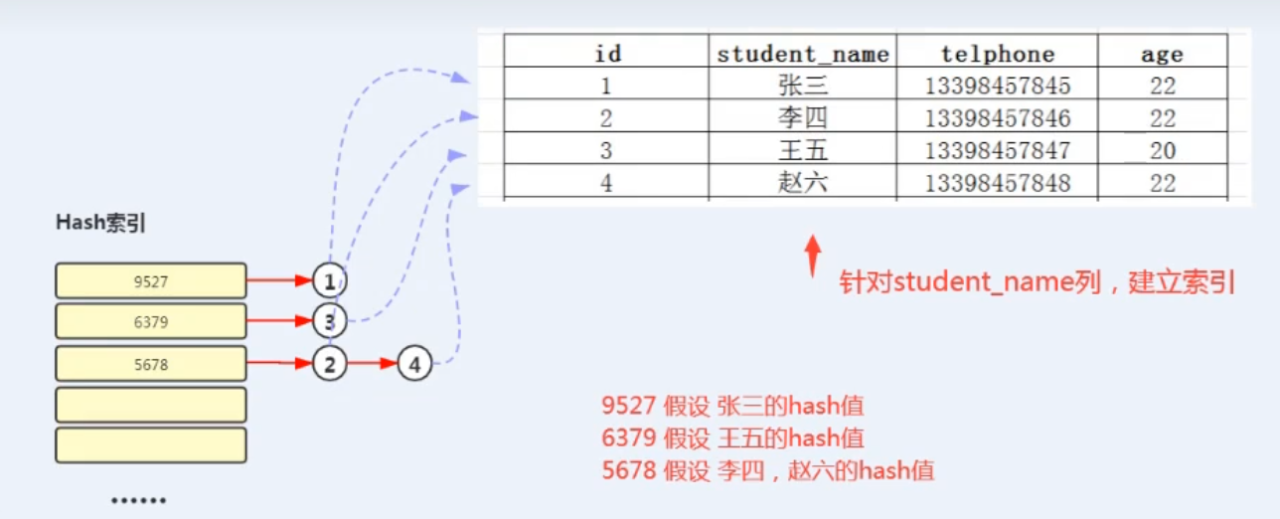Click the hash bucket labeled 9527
[x=150, y=281]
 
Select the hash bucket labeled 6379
[x=150, y=322]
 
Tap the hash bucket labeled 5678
[x=150, y=365]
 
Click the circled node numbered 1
[x=329, y=281]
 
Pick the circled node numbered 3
[x=329, y=322]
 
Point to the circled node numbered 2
[x=329, y=365]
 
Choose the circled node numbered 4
[x=414, y=365]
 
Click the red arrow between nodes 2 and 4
[x=373, y=365]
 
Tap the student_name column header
[x=803, y=54]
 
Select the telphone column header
[x=997, y=54]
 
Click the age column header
[x=1162, y=54]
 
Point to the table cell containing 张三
[x=803, y=86]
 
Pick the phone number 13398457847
[x=997, y=150]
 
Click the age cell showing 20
[x=1162, y=150]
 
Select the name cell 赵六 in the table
[x=803, y=183]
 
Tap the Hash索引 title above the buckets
[x=100, y=224]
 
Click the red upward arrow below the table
[x=812, y=256]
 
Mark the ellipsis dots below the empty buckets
[x=138, y=500]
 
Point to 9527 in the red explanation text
[x=628, y=405]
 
